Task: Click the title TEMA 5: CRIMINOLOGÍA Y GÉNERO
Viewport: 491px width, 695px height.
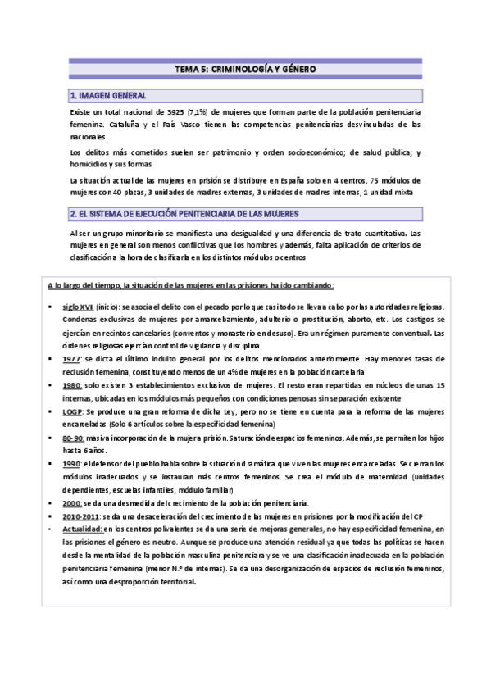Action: pyautogui.click(x=245, y=70)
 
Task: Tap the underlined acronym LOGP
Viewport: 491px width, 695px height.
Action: pyautogui.click(x=72, y=411)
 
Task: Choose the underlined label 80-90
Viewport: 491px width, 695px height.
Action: pyautogui.click(x=73, y=438)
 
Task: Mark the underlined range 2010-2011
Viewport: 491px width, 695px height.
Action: pyautogui.click(x=80, y=516)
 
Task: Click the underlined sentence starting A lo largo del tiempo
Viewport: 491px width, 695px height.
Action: pyautogui.click(x=190, y=284)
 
